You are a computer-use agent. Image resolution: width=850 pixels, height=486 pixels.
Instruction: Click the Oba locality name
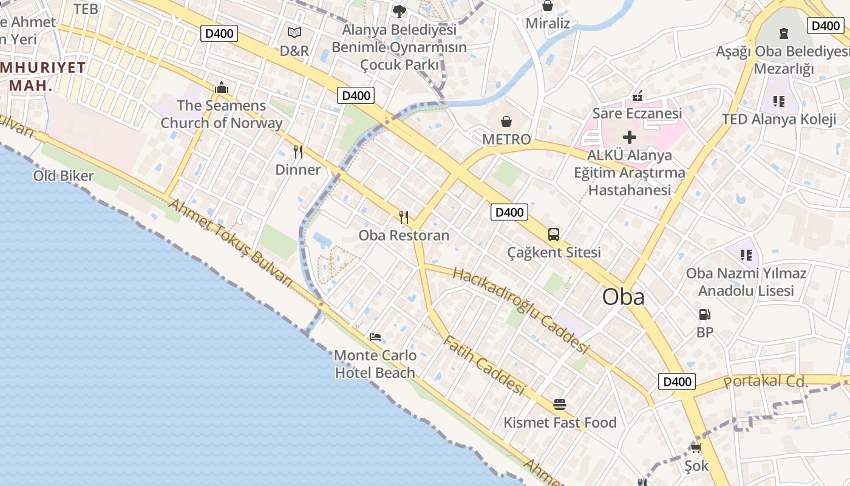623,297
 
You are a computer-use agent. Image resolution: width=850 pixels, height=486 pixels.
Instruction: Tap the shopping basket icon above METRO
506,122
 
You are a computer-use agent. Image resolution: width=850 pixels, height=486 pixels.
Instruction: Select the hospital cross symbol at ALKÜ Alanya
630,137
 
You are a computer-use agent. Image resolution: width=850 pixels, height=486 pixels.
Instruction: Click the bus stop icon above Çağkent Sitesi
553,234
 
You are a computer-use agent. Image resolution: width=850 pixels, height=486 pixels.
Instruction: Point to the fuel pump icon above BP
704,315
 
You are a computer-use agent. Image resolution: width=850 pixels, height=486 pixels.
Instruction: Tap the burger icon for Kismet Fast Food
559,404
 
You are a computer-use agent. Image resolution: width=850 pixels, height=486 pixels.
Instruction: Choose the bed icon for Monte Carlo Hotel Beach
375,337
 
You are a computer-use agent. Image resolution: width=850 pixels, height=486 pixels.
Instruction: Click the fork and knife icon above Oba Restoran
404,217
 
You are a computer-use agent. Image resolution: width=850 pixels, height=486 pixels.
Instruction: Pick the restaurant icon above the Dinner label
297,151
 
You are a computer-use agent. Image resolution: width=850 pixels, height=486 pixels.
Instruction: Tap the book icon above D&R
294,33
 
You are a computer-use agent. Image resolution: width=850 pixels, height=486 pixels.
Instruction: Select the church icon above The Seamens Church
221,87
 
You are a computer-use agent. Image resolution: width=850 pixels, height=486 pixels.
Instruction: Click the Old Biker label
64,176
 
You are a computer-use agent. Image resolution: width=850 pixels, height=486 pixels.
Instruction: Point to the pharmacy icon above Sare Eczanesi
637,95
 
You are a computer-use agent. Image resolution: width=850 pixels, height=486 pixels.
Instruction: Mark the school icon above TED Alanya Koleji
778,101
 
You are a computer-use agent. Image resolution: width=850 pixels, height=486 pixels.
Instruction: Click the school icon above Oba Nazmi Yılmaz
746,255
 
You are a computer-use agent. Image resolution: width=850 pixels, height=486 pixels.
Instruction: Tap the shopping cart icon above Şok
696,448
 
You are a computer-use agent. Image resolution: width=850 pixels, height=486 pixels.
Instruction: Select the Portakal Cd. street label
767,382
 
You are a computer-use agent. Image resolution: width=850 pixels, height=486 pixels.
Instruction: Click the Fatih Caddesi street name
483,365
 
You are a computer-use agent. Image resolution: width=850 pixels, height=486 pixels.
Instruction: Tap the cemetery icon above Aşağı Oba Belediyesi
783,33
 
